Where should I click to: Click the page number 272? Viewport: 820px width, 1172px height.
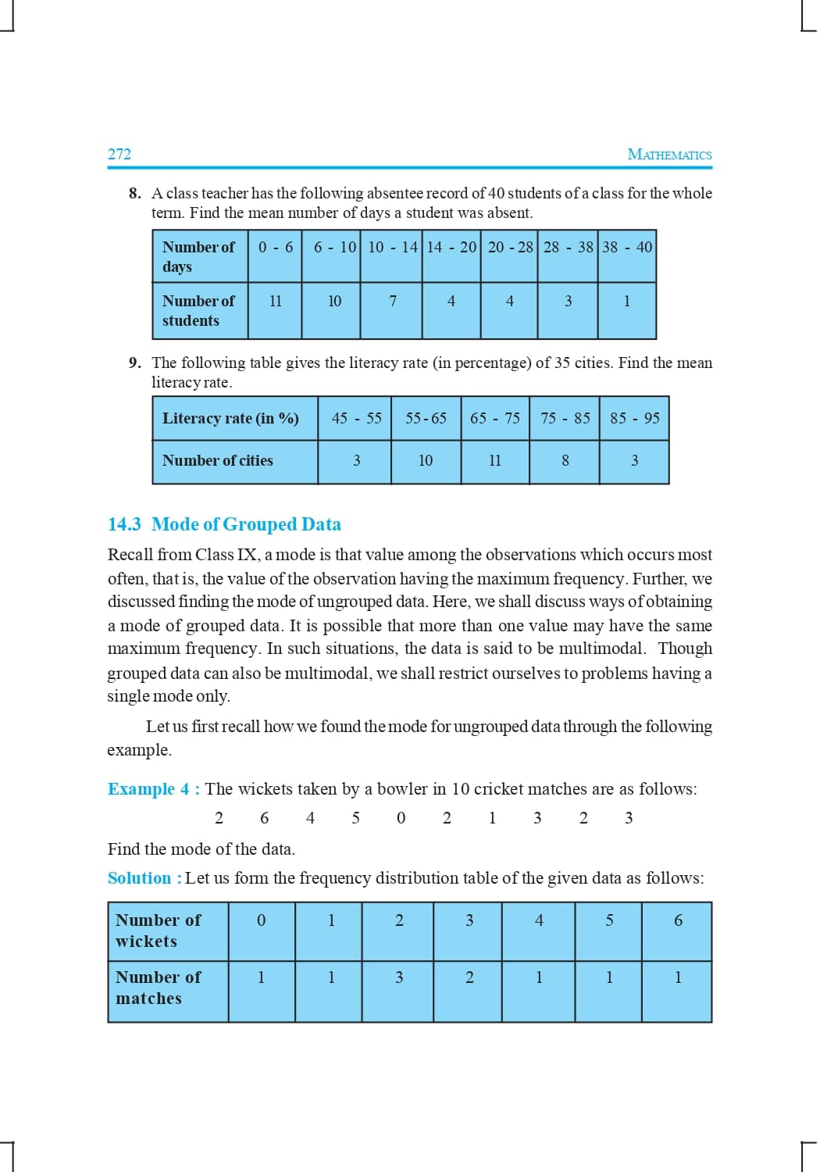(119, 154)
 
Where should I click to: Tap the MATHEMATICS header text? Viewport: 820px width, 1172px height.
(669, 155)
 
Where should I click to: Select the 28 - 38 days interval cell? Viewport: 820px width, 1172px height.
(568, 247)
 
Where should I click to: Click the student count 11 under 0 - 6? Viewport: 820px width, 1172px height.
(276, 301)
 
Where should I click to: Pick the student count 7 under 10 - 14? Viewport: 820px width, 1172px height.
(393, 301)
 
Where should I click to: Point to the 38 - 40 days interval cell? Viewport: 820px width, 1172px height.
(627, 247)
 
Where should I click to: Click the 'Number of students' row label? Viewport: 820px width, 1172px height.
(198, 310)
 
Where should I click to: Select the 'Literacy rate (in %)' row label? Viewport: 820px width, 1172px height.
(230, 418)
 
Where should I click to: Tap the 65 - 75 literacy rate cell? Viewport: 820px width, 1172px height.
(495, 418)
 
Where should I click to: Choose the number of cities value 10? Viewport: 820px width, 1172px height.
(426, 461)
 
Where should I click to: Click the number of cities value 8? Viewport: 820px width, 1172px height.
(565, 461)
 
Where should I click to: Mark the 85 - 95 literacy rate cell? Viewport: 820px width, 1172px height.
(635, 418)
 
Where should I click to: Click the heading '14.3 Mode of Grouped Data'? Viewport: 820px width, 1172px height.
(224, 524)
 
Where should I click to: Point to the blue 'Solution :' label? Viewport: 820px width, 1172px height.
(144, 878)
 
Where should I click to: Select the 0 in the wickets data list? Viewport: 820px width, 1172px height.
(401, 818)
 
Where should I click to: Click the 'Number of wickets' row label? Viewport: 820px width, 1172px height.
(158, 931)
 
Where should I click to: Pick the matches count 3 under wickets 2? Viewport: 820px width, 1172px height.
(399, 977)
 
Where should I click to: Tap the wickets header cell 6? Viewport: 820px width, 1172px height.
(678, 920)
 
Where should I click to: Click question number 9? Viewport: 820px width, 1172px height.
(135, 363)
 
